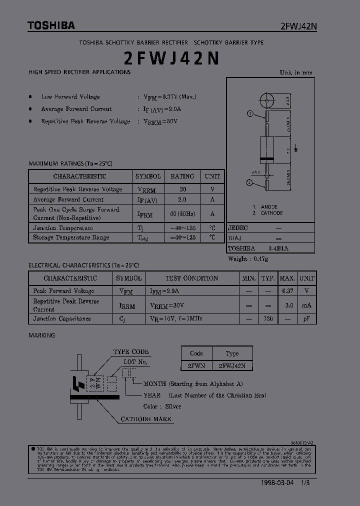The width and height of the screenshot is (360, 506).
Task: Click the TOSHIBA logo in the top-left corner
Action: tap(51, 25)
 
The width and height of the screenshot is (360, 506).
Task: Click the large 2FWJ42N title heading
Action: tap(171, 58)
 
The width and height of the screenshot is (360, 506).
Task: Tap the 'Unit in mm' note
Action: tap(296, 72)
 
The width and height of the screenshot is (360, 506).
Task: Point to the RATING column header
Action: tap(182, 176)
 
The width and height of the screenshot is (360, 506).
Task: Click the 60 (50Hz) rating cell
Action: tap(182, 214)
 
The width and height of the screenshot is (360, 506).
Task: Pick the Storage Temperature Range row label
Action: tap(71, 237)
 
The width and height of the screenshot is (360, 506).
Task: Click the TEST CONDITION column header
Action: tap(191, 278)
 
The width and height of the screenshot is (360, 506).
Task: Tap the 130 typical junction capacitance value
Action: tap(268, 318)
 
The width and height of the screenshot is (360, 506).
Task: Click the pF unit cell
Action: tap(307, 318)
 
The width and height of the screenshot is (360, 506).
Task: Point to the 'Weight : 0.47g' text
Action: tap(248, 259)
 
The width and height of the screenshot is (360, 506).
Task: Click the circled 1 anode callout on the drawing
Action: tap(250, 114)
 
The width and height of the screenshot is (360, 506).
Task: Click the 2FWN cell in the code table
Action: tap(196, 366)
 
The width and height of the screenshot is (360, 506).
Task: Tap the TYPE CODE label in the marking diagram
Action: tap(131, 352)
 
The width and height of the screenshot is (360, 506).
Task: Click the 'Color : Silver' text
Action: tap(162, 406)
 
